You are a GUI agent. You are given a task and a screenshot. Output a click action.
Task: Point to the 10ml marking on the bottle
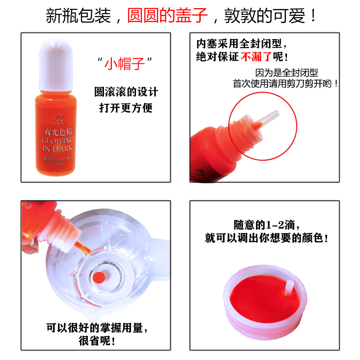point(57,165)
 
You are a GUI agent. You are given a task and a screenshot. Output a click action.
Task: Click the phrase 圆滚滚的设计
point(126,92)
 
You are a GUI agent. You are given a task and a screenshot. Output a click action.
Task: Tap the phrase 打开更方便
point(126,108)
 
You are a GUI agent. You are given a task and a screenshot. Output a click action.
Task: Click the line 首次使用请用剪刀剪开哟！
point(285,84)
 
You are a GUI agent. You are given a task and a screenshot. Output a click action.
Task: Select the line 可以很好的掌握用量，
point(97,327)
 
